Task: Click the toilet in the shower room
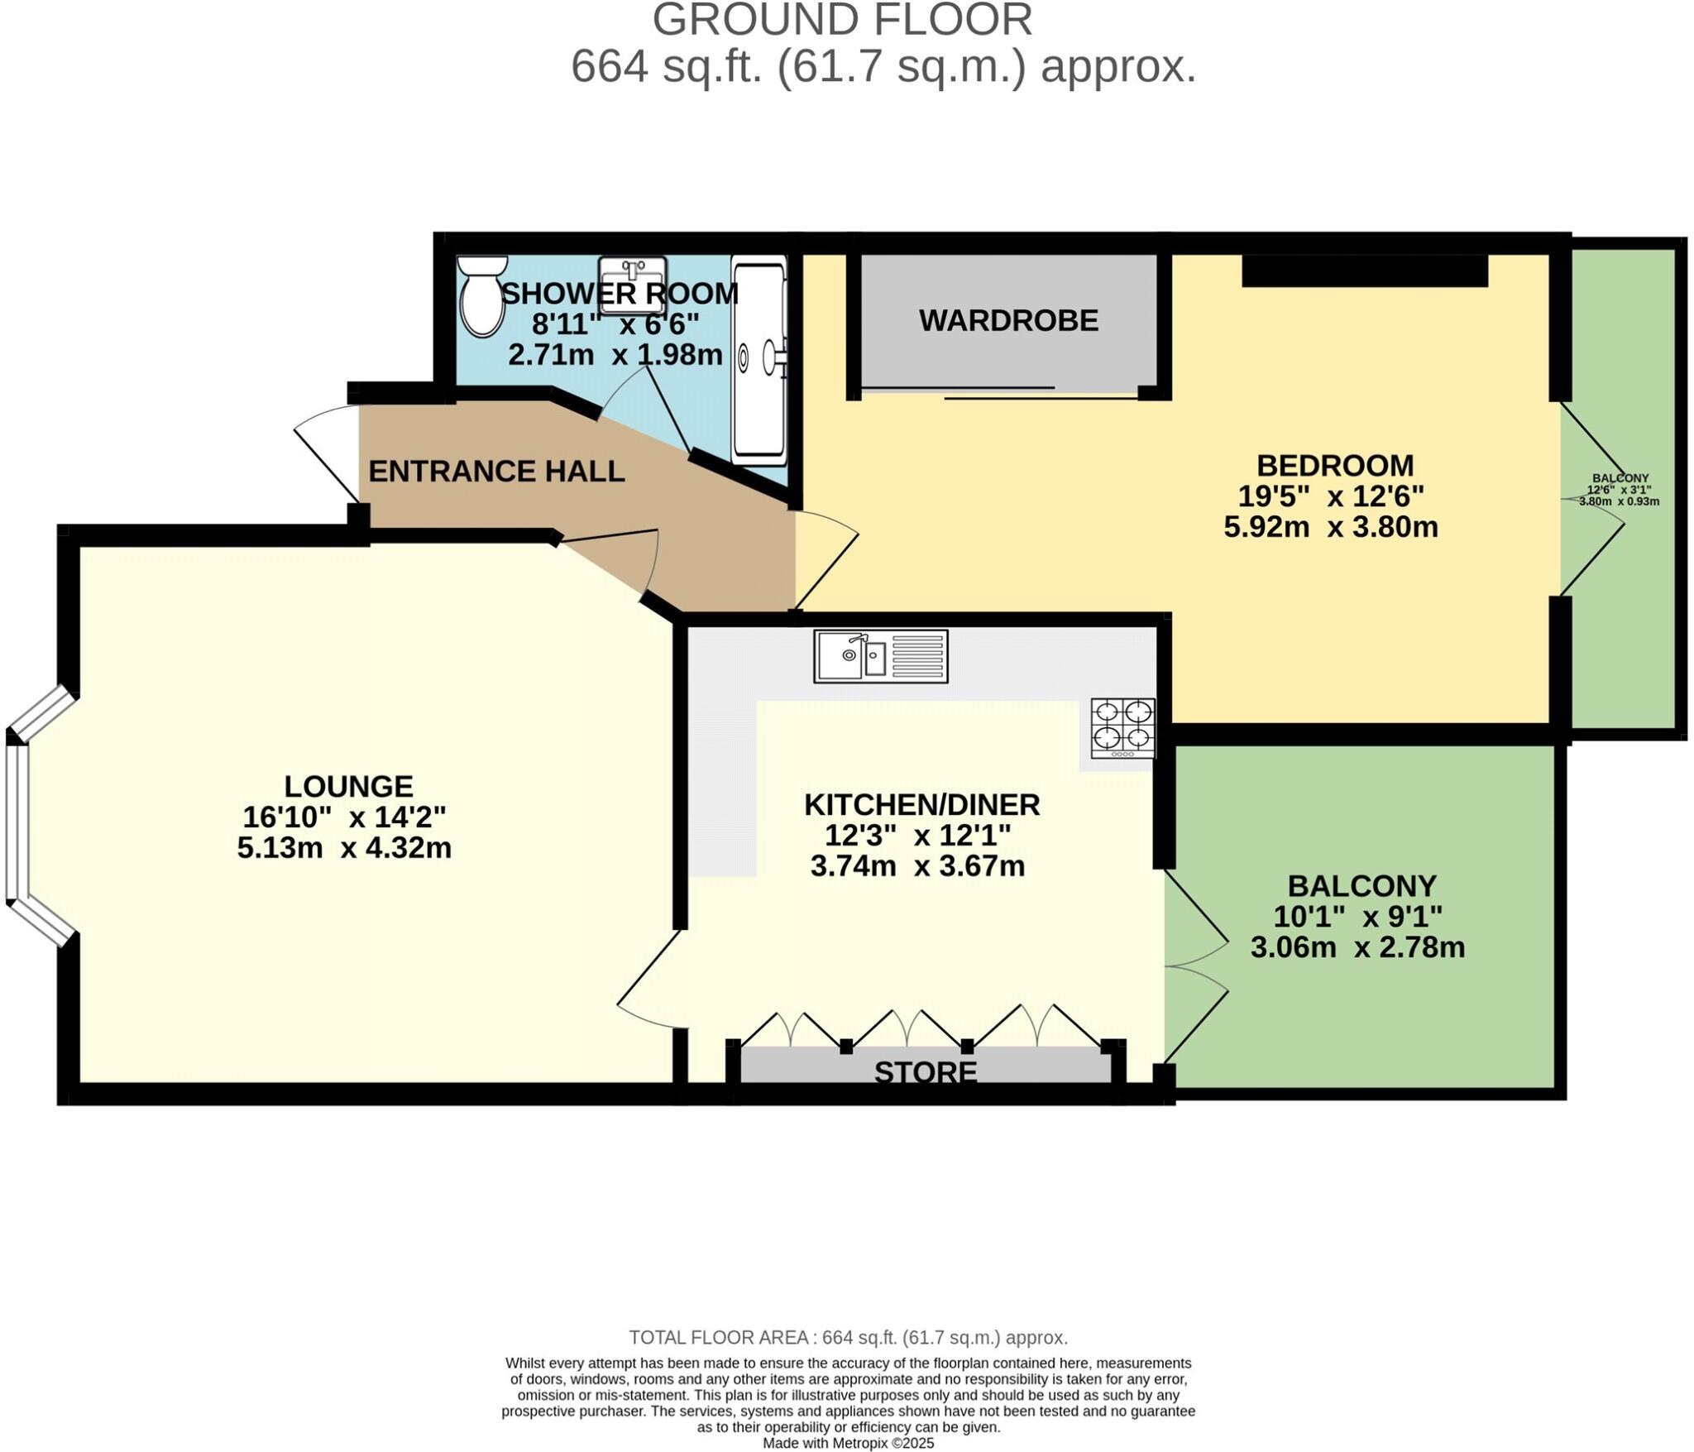[483, 296]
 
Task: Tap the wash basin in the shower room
[633, 285]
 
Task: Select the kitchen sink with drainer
[880, 656]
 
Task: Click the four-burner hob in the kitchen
[1122, 728]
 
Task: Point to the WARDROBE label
[1008, 321]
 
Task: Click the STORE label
[926, 1073]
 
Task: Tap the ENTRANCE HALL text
[496, 472]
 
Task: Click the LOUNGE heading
[348, 786]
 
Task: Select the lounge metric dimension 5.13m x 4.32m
[344, 848]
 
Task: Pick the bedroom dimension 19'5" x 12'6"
[1330, 496]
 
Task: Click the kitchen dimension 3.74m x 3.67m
[917, 866]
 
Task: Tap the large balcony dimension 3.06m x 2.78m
[1357, 947]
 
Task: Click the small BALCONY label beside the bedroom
[1620, 479]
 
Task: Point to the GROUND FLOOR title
[842, 21]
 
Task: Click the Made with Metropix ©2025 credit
[848, 1444]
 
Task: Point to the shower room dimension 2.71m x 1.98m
[615, 356]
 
